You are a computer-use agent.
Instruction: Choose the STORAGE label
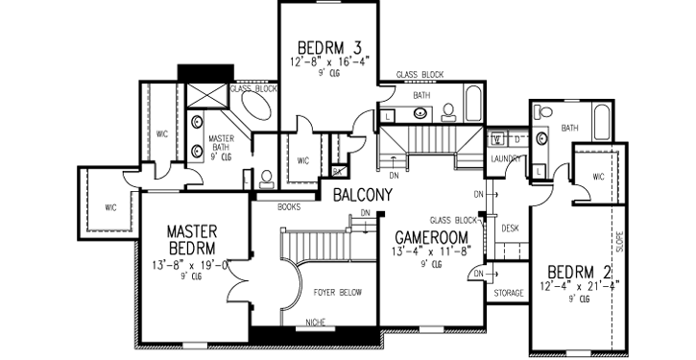point(509,293)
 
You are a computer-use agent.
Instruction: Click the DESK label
point(510,228)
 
